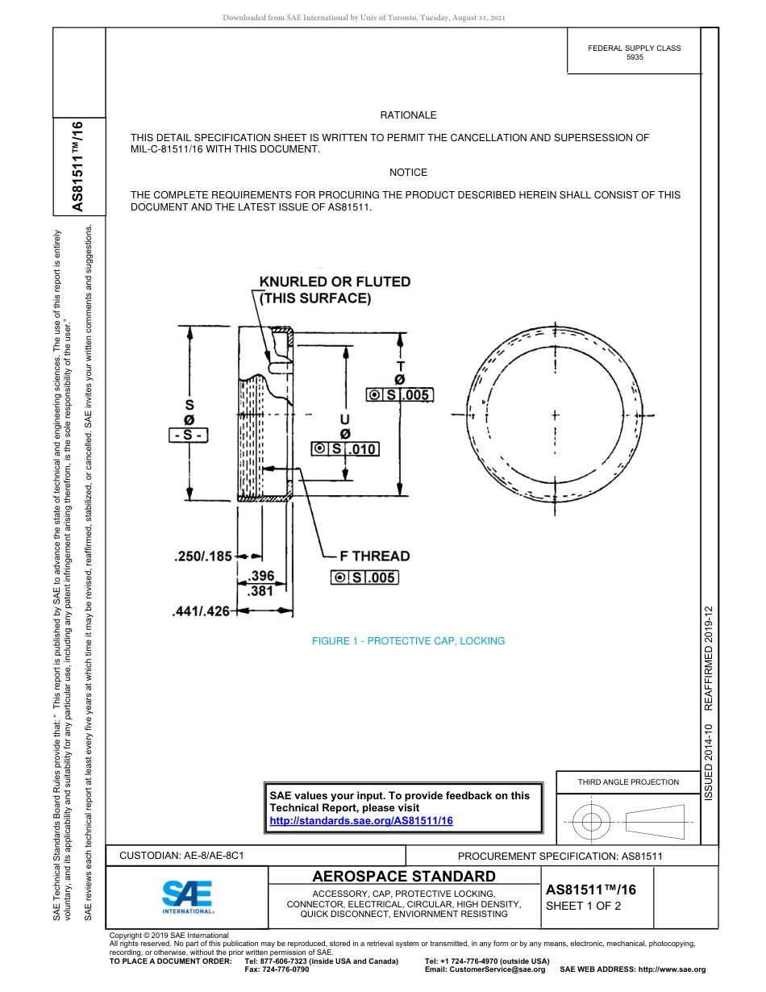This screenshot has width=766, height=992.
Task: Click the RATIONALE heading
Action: click(408, 115)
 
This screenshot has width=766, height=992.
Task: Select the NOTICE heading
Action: click(408, 173)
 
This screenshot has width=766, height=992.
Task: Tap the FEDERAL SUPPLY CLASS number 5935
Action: click(635, 59)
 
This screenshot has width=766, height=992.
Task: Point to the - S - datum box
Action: click(189, 436)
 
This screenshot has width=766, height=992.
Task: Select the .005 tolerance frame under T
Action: click(400, 394)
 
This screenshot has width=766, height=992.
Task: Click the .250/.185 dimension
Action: click(202, 556)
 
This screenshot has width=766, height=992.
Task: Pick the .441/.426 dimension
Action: click(202, 611)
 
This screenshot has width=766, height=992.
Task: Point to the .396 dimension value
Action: click(261, 576)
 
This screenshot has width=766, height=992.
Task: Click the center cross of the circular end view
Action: click(555, 415)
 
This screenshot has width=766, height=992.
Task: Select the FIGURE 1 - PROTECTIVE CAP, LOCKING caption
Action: click(408, 641)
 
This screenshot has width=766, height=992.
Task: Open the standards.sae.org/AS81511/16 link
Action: click(360, 820)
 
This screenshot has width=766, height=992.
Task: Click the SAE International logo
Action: click(187, 895)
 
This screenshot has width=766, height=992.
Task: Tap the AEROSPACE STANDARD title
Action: click(404, 877)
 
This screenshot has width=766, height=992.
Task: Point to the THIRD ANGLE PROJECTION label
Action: click(628, 782)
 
